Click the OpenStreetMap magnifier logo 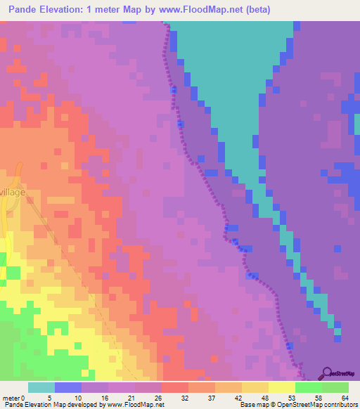tap(328, 373)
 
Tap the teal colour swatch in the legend tap(41, 387)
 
